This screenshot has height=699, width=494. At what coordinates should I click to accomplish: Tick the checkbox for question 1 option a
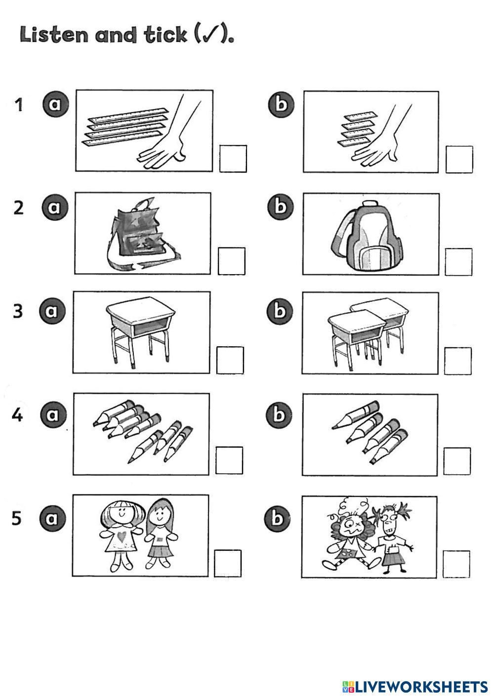233,159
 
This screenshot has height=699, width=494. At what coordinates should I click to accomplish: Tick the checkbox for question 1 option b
459,159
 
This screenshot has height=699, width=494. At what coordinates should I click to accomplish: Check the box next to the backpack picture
458,262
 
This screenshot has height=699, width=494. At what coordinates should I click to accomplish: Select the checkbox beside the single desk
230,360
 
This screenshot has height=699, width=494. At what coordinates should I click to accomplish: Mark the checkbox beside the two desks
458,361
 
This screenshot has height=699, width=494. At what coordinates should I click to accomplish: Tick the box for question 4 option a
229,460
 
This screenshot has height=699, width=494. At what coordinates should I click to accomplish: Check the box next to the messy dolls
456,564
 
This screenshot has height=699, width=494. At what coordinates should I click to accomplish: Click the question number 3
18,311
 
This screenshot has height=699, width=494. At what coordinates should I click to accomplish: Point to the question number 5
16,518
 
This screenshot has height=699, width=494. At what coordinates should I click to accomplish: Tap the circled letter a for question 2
55,207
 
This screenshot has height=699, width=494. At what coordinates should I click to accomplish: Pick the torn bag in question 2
142,234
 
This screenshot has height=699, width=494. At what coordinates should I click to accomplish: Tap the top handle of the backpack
370,204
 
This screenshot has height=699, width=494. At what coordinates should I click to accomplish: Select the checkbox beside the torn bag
232,261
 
